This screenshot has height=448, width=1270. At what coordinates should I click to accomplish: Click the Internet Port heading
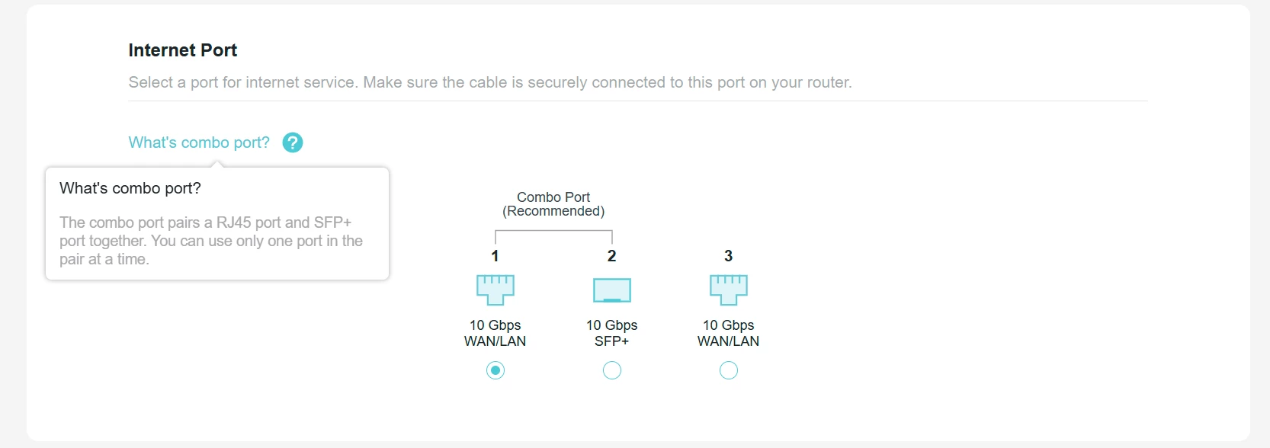point(183,50)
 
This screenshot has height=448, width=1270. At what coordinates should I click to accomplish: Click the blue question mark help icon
point(293,142)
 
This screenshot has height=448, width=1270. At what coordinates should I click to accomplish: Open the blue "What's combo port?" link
point(199,142)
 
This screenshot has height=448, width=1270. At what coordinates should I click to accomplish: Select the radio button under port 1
point(495,370)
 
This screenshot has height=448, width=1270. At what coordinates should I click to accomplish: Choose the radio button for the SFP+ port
point(612,370)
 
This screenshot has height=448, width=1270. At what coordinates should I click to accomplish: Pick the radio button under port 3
point(729,370)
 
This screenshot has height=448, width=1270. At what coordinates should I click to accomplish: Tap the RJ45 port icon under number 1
point(495,290)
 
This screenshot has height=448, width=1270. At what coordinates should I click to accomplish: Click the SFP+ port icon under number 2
point(612,290)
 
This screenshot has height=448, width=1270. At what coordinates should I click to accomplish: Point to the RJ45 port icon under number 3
point(729,290)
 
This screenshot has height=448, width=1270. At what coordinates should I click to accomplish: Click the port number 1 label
point(495,256)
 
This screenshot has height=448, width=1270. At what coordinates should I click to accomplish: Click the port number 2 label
point(612,256)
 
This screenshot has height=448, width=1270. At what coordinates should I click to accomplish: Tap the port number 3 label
point(729,256)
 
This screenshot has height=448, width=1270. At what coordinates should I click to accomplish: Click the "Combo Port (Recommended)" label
point(553,204)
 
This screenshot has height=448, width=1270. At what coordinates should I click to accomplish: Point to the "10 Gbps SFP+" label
point(612,333)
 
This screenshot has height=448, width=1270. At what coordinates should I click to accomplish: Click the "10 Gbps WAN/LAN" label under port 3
point(729,333)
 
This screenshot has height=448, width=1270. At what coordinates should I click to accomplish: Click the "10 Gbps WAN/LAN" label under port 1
point(495,333)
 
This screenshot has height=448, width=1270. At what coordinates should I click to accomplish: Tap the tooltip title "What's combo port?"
point(130,188)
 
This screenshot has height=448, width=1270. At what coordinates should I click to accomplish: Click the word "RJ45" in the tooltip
point(233,222)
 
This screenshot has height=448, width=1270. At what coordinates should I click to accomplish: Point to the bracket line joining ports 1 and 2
point(553,231)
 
